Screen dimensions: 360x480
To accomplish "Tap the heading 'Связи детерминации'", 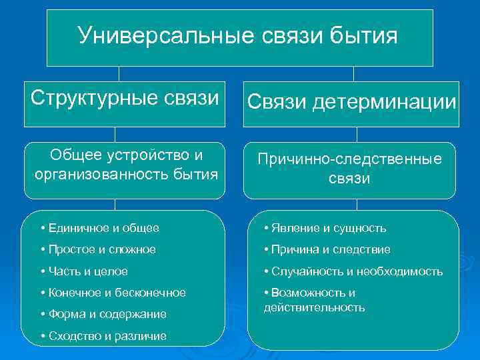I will (351, 102).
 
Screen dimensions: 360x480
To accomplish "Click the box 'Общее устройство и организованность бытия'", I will (125, 165).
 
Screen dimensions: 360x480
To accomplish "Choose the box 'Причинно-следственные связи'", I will (349, 169).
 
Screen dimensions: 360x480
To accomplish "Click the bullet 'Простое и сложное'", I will (98, 249).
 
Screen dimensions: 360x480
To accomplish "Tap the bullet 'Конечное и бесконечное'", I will (113, 293).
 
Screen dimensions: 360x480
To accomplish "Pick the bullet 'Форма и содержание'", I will (103, 314).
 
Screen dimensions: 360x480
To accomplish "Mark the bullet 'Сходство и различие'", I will (103, 336).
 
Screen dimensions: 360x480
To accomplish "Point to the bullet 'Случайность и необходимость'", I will (353, 271).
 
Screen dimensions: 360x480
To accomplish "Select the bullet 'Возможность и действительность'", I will (314, 300).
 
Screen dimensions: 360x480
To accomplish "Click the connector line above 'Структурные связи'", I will (119, 73).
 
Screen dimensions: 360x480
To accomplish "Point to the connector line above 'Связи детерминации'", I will (353, 73).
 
